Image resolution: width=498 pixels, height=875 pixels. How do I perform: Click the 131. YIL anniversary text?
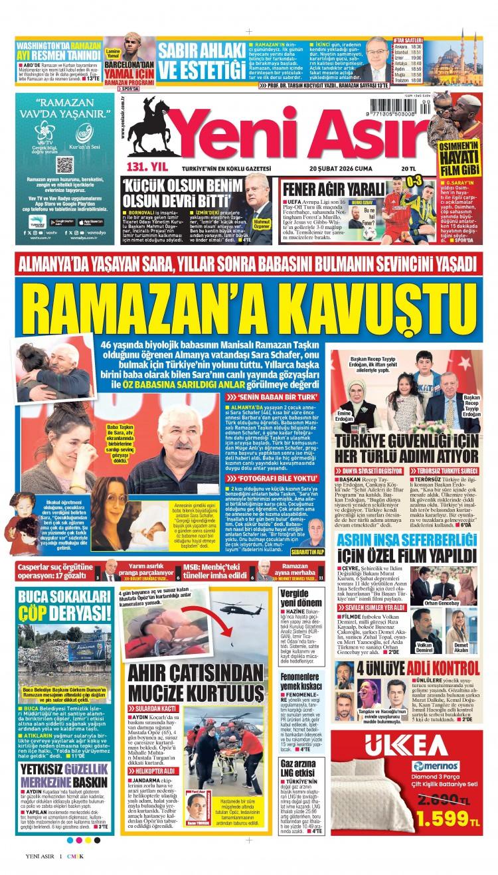pyautogui.click(x=139, y=166)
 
